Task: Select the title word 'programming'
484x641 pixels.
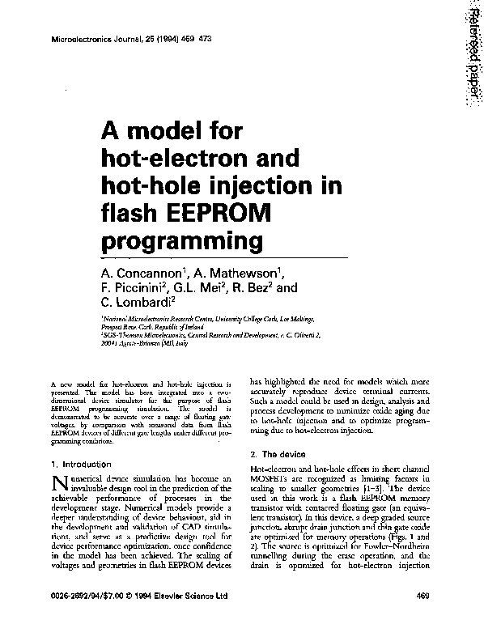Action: (x=183, y=242)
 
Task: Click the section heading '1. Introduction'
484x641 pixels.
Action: (x=80, y=465)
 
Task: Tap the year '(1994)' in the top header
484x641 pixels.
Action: (x=164, y=39)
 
